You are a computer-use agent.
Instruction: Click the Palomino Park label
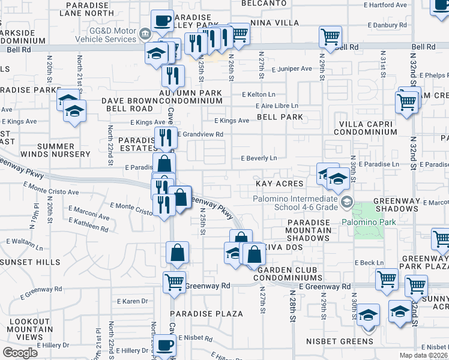[x=370, y=222]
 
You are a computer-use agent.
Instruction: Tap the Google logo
[x=20, y=353]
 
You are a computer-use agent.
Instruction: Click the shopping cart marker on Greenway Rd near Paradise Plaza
[x=174, y=281]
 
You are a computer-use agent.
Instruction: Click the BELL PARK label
[x=280, y=117]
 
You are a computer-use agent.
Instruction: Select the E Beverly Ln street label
[x=259, y=158]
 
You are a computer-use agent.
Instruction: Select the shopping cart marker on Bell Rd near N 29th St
[x=330, y=37]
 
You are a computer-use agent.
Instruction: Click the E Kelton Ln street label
[x=259, y=95]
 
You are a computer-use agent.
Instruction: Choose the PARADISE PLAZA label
[x=206, y=314]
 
